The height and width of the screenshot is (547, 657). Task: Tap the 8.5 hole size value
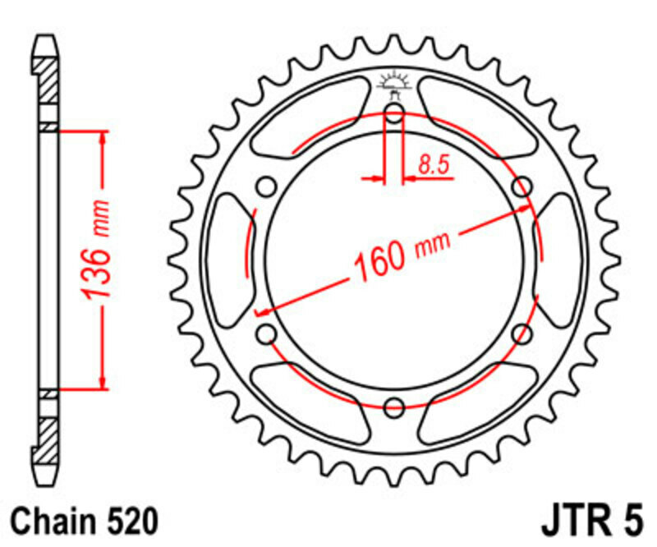tap(433, 165)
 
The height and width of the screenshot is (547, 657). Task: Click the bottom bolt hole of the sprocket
tap(394, 405)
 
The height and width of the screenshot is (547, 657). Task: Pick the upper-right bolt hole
tap(521, 187)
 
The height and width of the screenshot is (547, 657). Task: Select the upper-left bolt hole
tap(266, 187)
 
